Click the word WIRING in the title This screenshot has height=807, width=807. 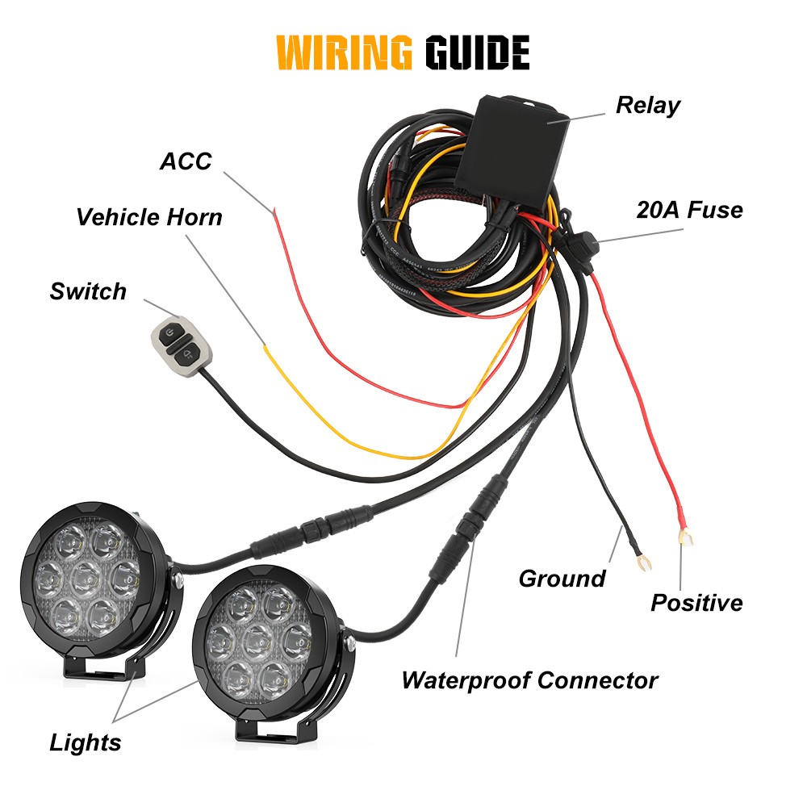(345, 52)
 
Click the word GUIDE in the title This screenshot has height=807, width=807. (476, 52)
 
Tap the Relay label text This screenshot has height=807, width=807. (648, 105)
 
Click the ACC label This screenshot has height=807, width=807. (186, 161)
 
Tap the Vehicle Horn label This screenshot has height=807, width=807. (149, 217)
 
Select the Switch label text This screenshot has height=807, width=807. (88, 291)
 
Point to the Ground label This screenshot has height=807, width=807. (562, 578)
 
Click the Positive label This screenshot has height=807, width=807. (696, 602)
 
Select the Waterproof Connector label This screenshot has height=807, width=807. (529, 680)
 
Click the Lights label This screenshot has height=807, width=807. (86, 742)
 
